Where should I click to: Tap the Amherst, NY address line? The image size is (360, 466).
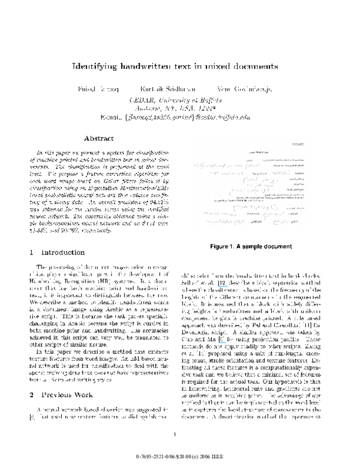click(x=180, y=109)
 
